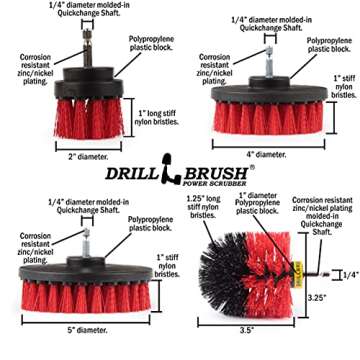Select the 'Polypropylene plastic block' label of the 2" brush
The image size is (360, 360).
(x=153, y=46)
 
